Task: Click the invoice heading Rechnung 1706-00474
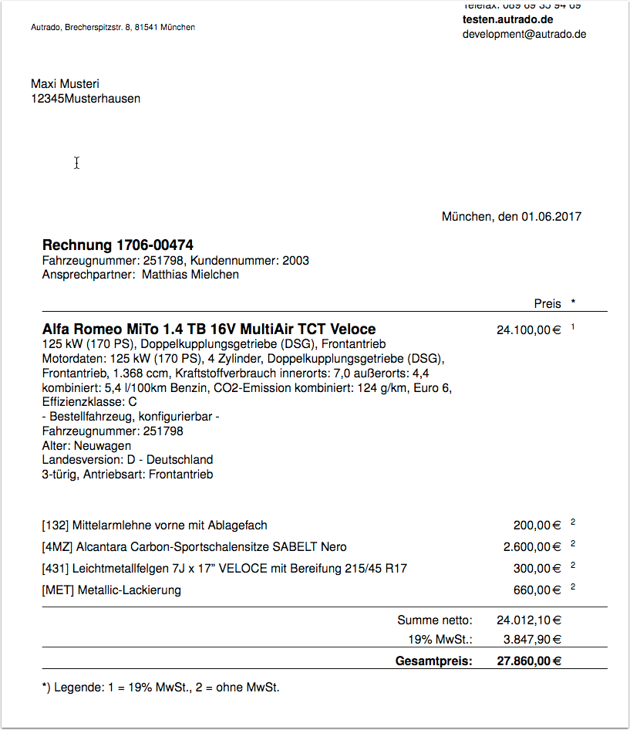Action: pyautogui.click(x=118, y=245)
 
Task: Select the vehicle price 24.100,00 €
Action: pyautogui.click(x=528, y=330)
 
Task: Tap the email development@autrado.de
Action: pyautogui.click(x=524, y=34)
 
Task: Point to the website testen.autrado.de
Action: pyautogui.click(x=508, y=19)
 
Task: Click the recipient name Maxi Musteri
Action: pyautogui.click(x=65, y=83)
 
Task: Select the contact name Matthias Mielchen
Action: pyautogui.click(x=190, y=275)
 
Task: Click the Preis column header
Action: pyautogui.click(x=547, y=303)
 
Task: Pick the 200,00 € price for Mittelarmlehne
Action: pyautogui.click(x=537, y=526)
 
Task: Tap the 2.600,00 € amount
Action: pyautogui.click(x=531, y=547)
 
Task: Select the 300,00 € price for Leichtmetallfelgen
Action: pyautogui.click(x=537, y=569)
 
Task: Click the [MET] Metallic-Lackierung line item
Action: pyautogui.click(x=112, y=590)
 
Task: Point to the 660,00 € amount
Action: pyautogui.click(x=537, y=590)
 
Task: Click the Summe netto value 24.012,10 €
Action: pyautogui.click(x=528, y=620)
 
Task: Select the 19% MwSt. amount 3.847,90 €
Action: pyautogui.click(x=531, y=639)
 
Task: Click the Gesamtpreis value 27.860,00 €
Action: pyautogui.click(x=528, y=661)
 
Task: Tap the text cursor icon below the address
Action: pyautogui.click(x=76, y=163)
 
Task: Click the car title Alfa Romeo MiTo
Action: pyautogui.click(x=105, y=329)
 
